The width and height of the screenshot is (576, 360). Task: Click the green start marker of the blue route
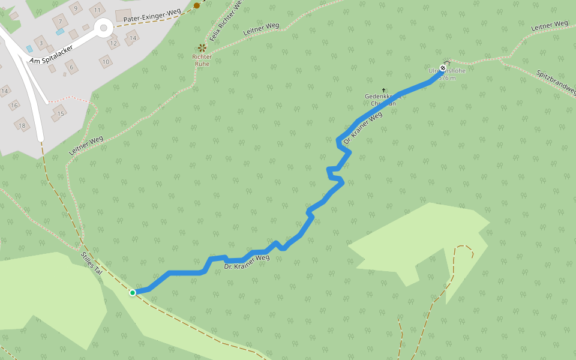[132, 292]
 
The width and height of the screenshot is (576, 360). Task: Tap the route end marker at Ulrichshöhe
[443, 68]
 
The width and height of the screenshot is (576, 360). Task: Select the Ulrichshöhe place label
[447, 71]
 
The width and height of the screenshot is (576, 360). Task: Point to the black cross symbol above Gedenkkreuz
[383, 90]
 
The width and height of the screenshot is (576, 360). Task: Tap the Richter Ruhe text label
[202, 60]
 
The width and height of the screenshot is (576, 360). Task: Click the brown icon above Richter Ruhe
[202, 47]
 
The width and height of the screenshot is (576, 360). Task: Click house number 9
[75, 8]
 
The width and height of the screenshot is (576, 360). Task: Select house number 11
[97, 10]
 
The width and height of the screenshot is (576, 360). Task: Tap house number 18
[22, 125]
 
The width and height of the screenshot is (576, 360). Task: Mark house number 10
[106, 61]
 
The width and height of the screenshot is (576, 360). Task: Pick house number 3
[41, 43]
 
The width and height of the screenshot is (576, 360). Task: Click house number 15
[60, 113]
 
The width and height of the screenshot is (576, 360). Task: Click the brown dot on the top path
[197, 5]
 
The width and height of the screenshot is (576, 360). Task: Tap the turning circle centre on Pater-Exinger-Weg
[103, 28]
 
